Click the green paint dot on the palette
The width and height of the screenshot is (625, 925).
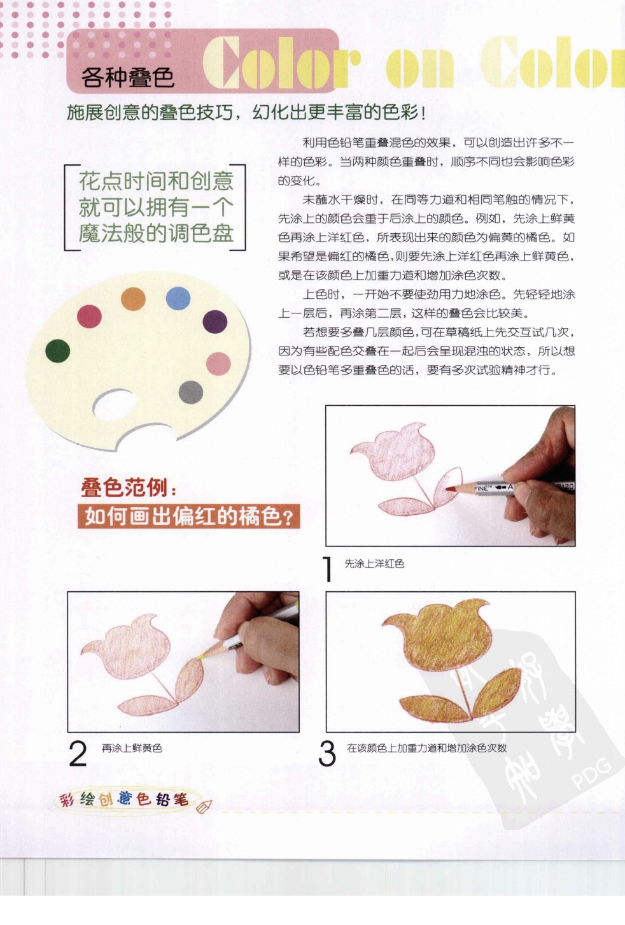coord(57,350)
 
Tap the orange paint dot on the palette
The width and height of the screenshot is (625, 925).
coord(133,298)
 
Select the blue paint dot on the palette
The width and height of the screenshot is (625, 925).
coord(178,298)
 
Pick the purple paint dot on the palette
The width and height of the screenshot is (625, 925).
coord(215,322)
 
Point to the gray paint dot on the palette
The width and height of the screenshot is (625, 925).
coord(191,392)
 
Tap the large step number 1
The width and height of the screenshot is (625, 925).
coord(328,569)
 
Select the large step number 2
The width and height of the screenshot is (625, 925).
coord(78,754)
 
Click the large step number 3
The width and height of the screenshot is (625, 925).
coord(327,754)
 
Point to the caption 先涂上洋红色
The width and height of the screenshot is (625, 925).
coord(374,564)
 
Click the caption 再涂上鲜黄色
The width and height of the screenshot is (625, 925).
coord(132,748)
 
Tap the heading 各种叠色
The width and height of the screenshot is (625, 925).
coord(127,78)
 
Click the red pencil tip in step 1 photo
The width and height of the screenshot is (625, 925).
coord(450,488)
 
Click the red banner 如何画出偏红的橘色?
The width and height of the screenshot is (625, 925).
coord(188,516)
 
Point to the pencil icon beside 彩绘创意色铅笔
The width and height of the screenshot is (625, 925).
coord(204,807)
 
